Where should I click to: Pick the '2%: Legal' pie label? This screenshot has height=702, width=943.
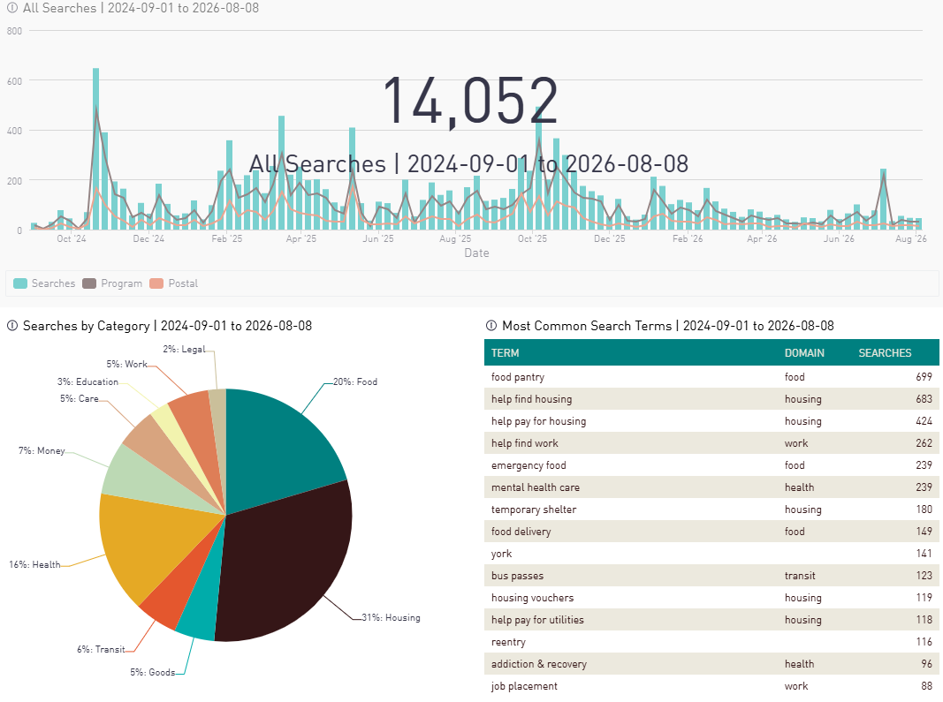pos(184,349)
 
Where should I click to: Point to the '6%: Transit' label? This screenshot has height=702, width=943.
pos(101,649)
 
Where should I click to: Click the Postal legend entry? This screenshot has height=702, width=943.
pos(174,283)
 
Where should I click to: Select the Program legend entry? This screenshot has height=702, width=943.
pos(112,283)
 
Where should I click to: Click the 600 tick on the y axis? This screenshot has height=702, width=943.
pos(14,81)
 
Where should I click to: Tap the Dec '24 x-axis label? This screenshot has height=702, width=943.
pos(148,238)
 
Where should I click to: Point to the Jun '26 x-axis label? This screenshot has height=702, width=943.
pos(839,238)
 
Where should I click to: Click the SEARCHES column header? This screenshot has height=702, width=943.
pos(885,353)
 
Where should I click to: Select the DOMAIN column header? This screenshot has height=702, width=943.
pos(804,353)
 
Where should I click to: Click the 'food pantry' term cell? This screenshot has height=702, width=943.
pos(518,377)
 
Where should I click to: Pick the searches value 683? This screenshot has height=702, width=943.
pos(924,399)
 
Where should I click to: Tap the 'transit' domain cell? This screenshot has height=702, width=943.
pos(800,576)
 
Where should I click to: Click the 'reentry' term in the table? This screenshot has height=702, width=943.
pos(508,642)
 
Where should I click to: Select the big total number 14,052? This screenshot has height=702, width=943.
pos(470,101)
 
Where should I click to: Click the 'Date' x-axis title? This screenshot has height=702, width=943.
pos(476,253)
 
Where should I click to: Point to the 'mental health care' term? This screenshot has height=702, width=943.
pos(536,487)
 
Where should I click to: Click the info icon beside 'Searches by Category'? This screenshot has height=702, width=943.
pos(12,326)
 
